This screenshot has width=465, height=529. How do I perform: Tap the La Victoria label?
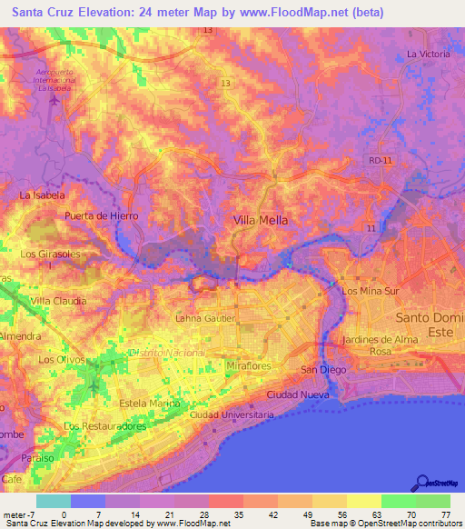pos(428,55)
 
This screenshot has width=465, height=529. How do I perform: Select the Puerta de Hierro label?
pos(101,215)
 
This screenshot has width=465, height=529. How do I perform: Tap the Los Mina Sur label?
pos(370,291)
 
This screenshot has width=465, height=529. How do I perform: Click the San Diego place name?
pos(322,370)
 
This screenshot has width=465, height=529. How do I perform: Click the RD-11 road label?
pos(381,160)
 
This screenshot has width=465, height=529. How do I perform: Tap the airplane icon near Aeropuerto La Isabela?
pos(54,98)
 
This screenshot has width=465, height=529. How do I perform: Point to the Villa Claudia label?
pos(58,300)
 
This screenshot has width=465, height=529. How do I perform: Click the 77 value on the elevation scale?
pos(444,516)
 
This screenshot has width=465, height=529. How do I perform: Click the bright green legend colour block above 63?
pos(399,501)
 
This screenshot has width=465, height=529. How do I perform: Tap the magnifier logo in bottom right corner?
pos(423,482)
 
